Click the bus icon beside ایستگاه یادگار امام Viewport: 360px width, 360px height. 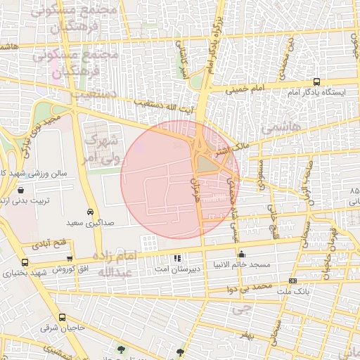pos(317,82)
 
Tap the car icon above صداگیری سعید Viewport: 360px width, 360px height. pos(90,212)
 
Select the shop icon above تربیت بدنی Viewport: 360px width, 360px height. pos(20,191)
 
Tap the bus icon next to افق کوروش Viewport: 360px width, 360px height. pos(8,271)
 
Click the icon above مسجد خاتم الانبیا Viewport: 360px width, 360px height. pos(241,255)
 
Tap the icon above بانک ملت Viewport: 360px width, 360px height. pos(292,281)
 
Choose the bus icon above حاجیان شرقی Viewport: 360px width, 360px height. pos(62,319)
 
